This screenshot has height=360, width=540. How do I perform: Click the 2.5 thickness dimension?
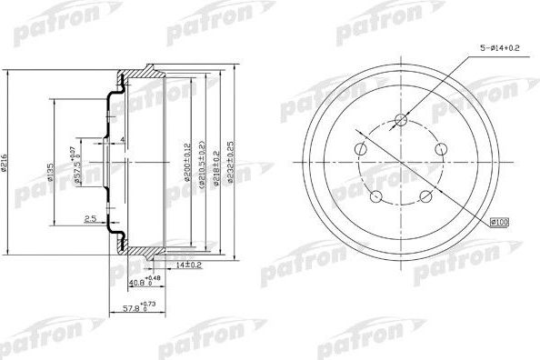90,219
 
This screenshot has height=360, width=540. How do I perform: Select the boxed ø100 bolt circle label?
500,221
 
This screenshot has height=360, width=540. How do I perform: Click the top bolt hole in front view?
403,118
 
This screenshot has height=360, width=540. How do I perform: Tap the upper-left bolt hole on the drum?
361,148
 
